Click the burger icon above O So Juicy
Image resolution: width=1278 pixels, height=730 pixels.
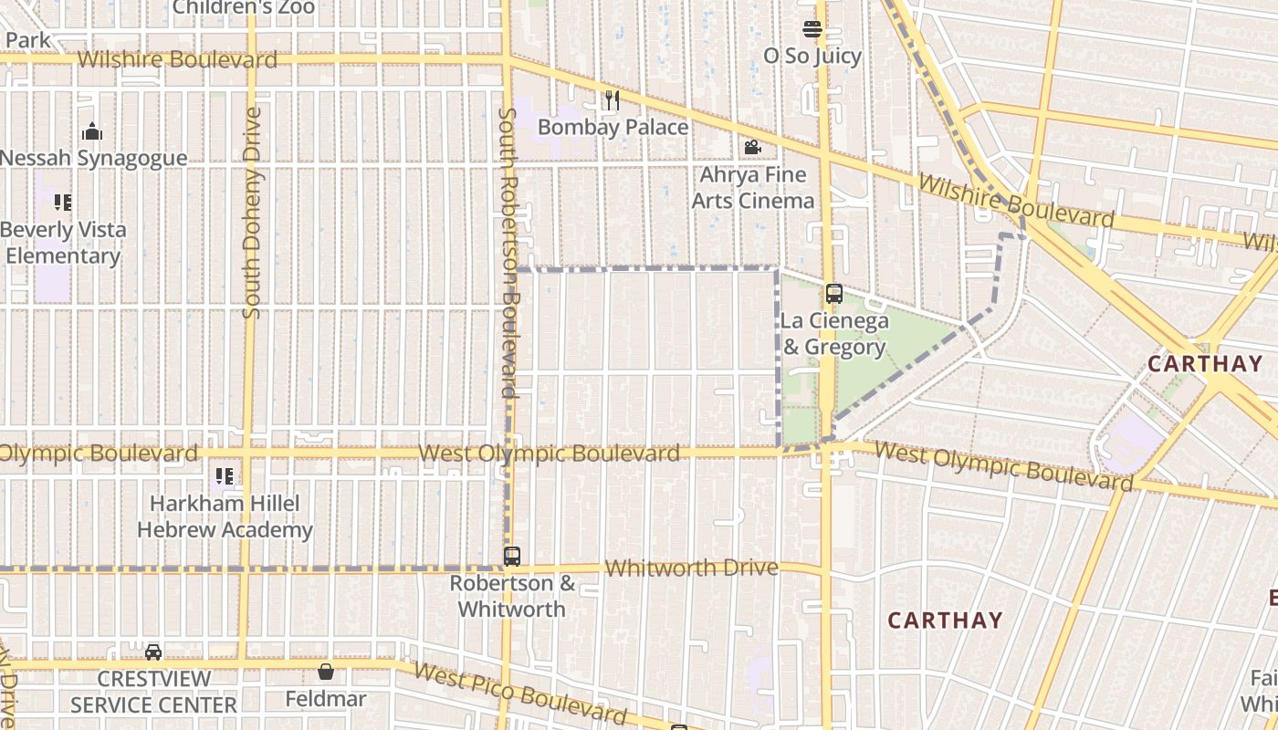coord(812,28)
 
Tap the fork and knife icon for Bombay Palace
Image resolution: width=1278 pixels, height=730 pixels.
coord(612,99)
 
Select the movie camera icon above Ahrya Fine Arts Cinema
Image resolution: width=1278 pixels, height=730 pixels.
coord(752,147)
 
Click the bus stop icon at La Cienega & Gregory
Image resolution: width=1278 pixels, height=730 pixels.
coord(833,294)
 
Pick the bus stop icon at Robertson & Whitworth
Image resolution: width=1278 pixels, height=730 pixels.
coord(512,556)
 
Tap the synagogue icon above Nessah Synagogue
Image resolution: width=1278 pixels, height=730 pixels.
coord(91,132)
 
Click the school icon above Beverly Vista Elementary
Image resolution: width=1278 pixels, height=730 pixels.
coord(62,202)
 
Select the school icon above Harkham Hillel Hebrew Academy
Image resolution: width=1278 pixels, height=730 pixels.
coord(225,475)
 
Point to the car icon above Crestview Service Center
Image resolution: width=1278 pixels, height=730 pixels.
coord(153,652)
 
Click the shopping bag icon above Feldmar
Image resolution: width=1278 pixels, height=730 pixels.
coord(326,673)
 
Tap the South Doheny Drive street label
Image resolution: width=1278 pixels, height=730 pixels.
coord(252,214)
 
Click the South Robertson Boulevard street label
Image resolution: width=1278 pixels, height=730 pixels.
coord(508,253)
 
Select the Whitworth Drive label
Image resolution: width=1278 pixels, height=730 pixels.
coord(691,568)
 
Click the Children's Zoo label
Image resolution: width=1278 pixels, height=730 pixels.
coord(244,7)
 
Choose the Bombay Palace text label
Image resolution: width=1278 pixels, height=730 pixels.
coord(613,127)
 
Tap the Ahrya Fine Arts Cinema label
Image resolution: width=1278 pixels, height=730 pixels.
coord(752,187)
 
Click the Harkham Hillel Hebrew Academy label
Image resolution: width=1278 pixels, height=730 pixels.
coord(225,516)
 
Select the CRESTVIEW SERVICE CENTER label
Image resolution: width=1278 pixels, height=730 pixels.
coord(153,692)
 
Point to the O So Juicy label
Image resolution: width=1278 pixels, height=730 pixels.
coord(812,56)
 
